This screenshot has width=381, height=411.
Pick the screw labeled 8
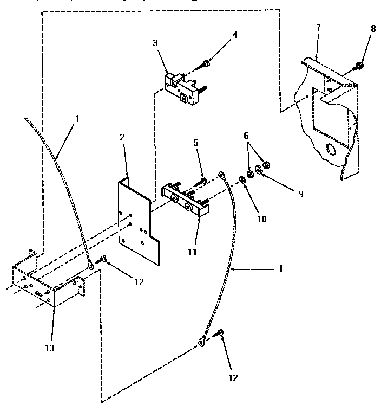pyautogui.click(x=359, y=66)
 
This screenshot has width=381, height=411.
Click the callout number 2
pyautogui.click(x=123, y=138)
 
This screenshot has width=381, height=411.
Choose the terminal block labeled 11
pyautogui.click(x=185, y=200)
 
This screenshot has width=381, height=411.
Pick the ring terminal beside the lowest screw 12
pyautogui.click(x=202, y=342)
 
